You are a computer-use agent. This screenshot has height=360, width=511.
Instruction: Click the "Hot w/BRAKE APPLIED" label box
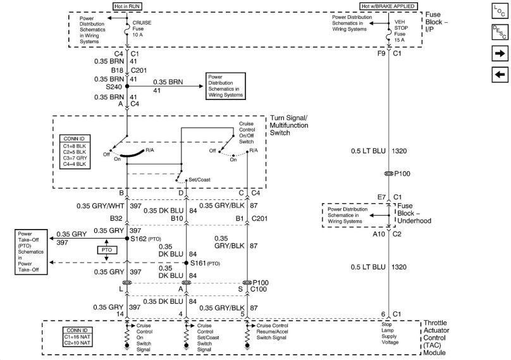[x=388, y=6]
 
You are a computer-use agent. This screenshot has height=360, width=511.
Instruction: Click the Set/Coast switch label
[x=199, y=180]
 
